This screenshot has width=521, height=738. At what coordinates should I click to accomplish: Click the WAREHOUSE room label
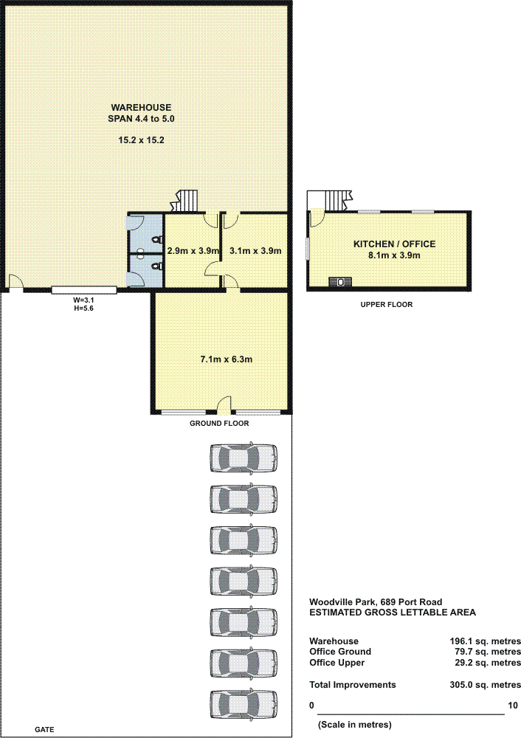pos(141,107)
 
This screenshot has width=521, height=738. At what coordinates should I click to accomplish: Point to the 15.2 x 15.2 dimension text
pos(141,139)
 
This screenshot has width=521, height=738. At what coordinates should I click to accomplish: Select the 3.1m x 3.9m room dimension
pos(255,251)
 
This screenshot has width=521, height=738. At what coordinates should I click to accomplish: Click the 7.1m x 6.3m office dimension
pos(227,359)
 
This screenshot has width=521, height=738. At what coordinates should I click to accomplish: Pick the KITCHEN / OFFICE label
pos(394,244)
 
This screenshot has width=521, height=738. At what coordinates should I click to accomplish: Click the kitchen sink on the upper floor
pos(339,281)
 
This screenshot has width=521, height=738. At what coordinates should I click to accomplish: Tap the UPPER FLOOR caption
pos(387,305)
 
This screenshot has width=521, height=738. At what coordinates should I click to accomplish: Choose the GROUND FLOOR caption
pos(219,423)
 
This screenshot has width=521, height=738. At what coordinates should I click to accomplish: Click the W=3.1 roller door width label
pos(83,300)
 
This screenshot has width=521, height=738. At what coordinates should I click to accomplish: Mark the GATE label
pos(44,730)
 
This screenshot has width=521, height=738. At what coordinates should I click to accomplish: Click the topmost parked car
pos(244,458)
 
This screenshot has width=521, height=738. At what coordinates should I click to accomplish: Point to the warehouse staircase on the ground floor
pos(185,201)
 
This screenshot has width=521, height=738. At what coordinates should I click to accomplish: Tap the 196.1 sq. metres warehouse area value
pos(485,641)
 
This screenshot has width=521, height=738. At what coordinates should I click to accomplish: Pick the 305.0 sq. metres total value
pos(485,685)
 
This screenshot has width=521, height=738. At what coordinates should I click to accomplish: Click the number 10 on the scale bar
pos(513,706)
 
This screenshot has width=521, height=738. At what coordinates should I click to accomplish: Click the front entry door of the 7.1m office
pos(225,406)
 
